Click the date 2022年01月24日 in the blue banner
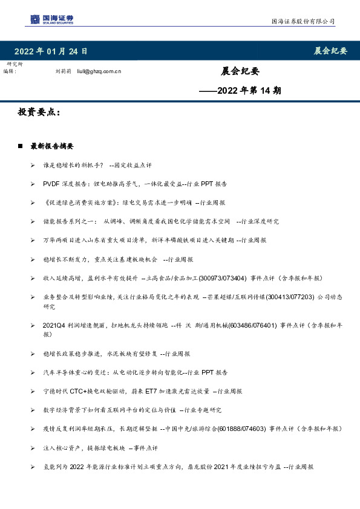[51, 51]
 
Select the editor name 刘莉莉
[63, 71]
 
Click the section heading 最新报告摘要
[51, 146]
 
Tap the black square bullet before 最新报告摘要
[21, 146]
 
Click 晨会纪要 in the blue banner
[330, 51]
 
